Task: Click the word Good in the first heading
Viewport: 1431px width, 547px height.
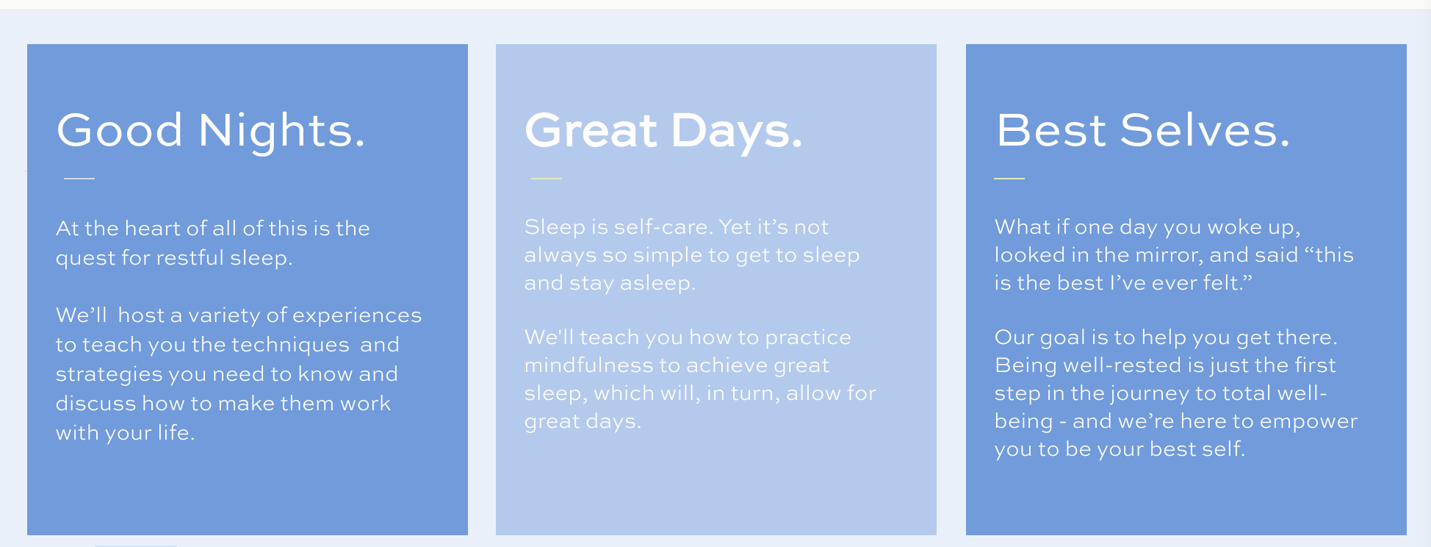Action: pyautogui.click(x=120, y=130)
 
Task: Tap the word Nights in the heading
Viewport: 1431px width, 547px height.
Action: pyautogui.click(x=282, y=130)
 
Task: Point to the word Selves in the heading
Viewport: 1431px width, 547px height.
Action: pyautogui.click(x=1205, y=130)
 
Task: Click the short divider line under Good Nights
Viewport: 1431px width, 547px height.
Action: pyautogui.click(x=79, y=178)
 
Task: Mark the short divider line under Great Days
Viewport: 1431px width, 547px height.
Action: pyautogui.click(x=547, y=178)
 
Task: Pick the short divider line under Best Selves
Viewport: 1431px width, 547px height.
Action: pyautogui.click(x=1009, y=178)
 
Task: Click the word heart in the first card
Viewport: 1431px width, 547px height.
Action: pyautogui.click(x=153, y=228)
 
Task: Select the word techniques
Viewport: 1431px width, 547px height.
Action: pyautogui.click(x=290, y=345)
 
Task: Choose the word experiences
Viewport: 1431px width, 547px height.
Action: pyautogui.click(x=357, y=315)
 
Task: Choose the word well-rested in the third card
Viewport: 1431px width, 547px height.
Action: pyautogui.click(x=1085, y=365)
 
